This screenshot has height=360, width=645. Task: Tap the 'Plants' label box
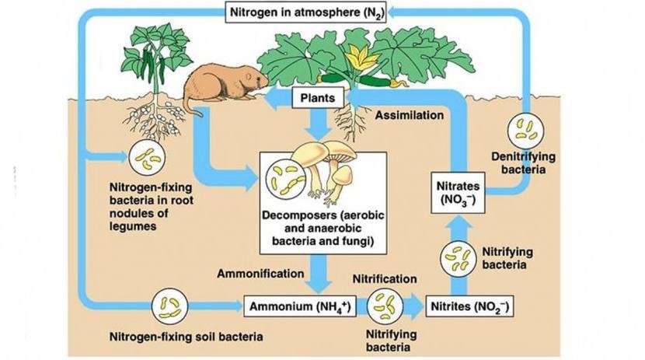[317, 98]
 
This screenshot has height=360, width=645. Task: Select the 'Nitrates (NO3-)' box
[457, 190]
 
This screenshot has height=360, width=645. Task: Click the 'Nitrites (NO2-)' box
[471, 307]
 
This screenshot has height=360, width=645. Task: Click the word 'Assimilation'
[410, 115]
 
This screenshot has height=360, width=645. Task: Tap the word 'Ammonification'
[260, 274]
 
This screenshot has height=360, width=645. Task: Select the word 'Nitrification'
[385, 278]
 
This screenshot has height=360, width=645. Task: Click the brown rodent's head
[253, 79]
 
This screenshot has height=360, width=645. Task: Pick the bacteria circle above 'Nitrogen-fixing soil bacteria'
[169, 306]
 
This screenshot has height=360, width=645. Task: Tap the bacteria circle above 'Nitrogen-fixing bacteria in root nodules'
[145, 158]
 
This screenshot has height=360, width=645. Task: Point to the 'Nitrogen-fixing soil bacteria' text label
[187, 337]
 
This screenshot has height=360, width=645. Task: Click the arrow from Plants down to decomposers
[317, 126]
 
